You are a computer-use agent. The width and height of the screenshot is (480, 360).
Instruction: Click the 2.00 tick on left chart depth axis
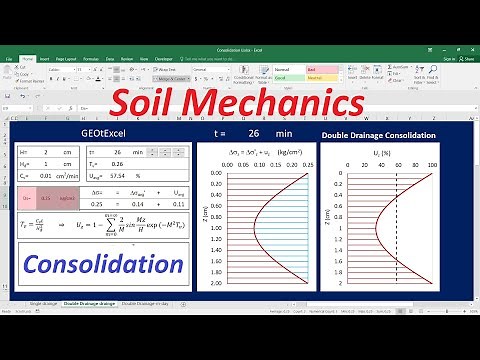(215, 285)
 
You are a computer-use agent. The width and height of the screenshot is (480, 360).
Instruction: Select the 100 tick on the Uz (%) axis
(433, 165)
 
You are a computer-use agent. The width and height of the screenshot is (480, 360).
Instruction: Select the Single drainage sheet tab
(44, 301)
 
